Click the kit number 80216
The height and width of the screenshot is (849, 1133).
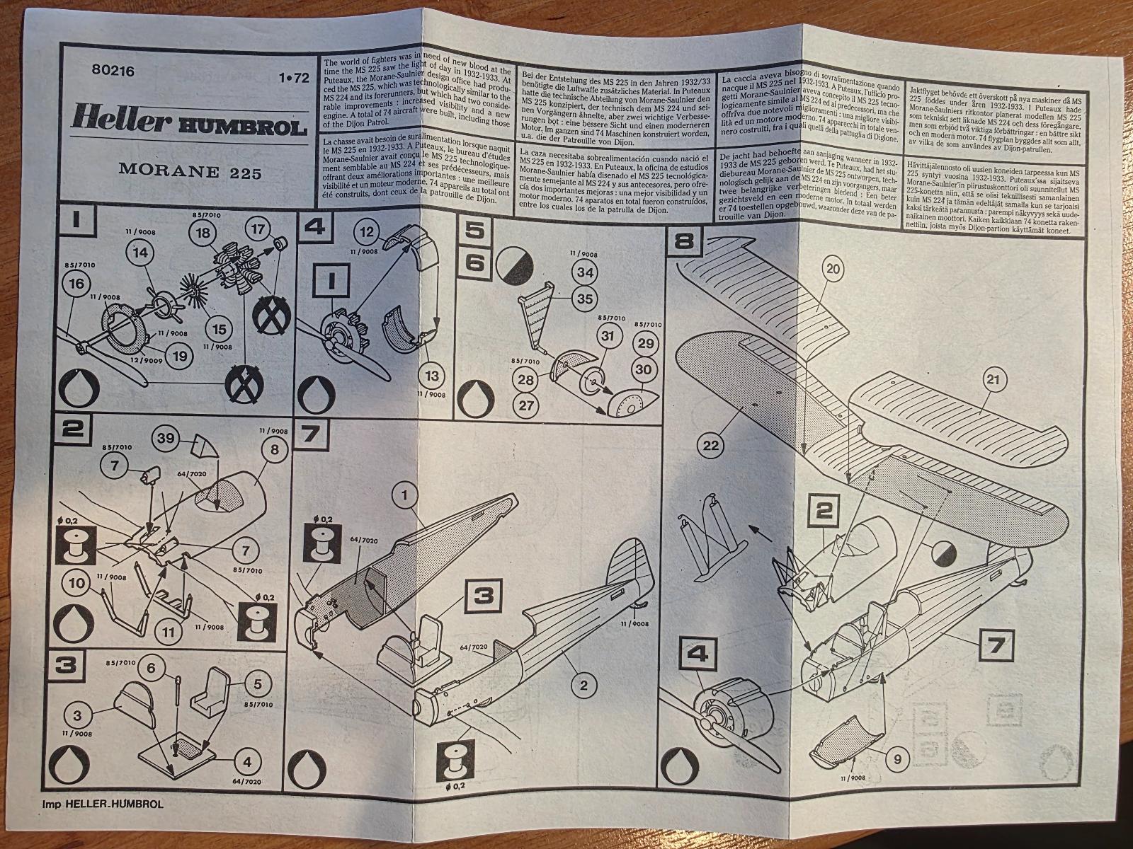[x=113, y=71]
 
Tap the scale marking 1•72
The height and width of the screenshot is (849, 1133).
[x=294, y=79]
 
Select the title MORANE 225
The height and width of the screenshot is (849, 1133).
[x=190, y=172]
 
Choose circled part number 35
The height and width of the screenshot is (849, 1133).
[x=584, y=299]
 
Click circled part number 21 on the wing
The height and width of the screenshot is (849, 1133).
[x=994, y=381]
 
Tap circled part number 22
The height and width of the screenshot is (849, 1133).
[x=712, y=444]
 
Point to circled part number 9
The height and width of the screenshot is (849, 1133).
[x=897, y=761]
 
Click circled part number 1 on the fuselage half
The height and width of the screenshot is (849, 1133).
[x=406, y=496]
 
